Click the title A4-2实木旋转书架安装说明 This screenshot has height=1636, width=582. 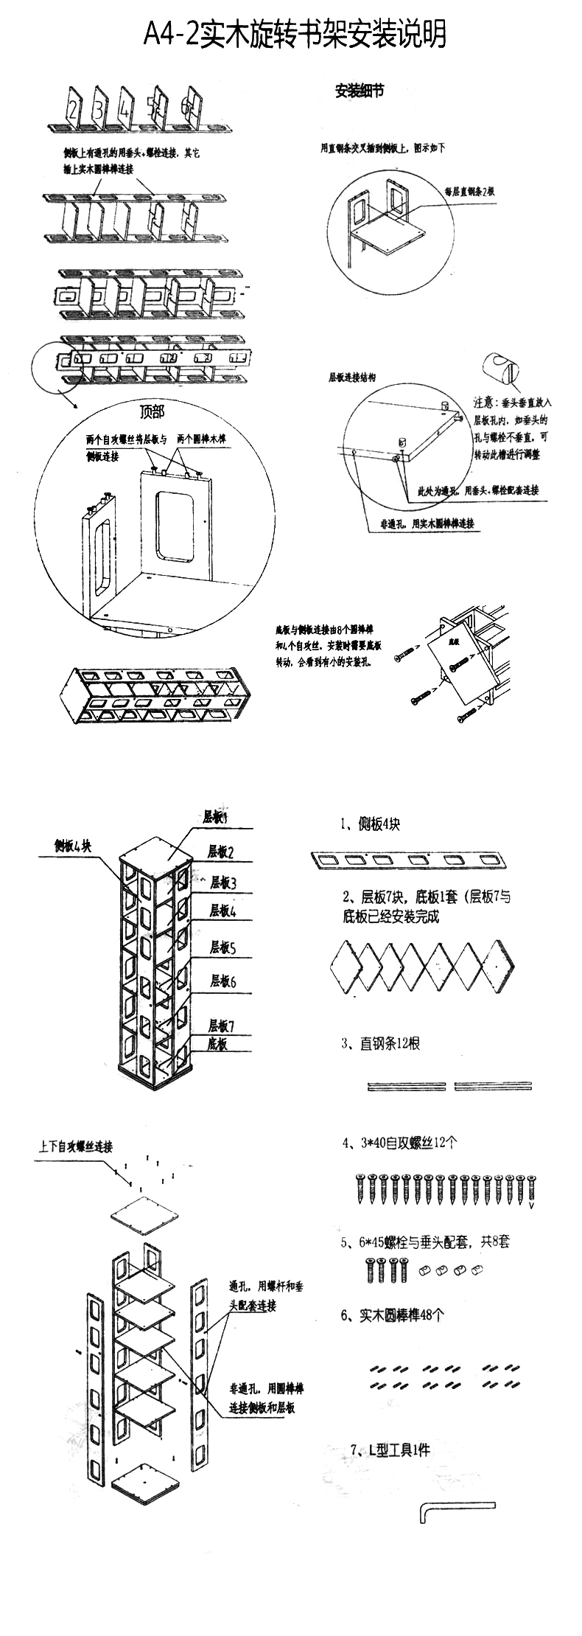[x=295, y=34]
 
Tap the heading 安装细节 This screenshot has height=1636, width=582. [x=359, y=91]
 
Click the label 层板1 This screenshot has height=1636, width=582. [x=215, y=818]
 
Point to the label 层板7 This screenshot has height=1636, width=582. [x=220, y=1026]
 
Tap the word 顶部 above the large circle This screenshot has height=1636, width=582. [x=152, y=411]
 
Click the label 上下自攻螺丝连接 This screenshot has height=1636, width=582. [x=76, y=1147]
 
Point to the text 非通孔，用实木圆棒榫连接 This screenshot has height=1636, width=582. [x=427, y=524]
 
